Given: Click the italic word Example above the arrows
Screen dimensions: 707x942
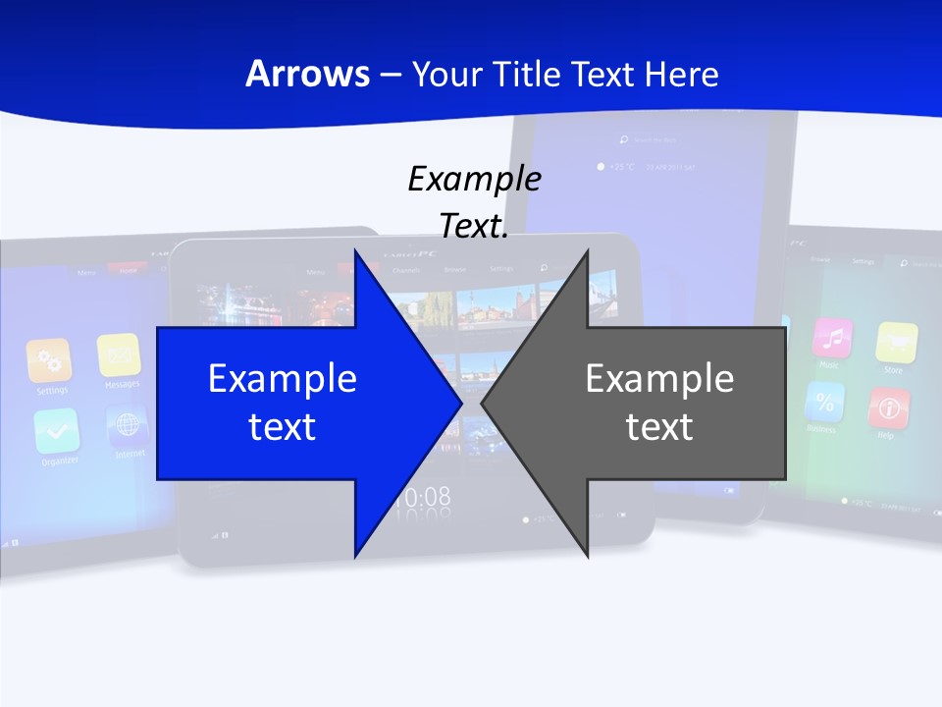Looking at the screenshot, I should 474,180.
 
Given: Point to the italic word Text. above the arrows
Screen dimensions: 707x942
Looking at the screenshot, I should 474,227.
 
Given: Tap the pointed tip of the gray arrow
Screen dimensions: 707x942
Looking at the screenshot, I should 483,403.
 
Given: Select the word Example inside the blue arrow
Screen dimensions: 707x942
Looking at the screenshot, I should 283,379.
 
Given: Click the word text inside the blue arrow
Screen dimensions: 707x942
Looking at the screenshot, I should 283,427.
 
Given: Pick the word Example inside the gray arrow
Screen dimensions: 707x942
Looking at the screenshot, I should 659,379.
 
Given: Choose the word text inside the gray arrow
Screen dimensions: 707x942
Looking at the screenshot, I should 659,427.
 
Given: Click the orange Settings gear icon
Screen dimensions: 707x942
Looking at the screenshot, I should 49,360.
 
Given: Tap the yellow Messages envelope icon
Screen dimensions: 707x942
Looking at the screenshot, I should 119,354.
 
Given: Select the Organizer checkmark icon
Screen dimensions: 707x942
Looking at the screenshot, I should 56,430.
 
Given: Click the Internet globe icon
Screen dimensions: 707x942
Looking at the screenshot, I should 128,425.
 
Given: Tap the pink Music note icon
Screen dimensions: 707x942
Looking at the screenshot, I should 832,339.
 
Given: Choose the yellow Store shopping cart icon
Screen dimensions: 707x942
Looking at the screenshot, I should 896,343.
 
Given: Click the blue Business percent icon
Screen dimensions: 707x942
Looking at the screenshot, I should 824,402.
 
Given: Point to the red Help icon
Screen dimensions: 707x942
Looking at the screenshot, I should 889,408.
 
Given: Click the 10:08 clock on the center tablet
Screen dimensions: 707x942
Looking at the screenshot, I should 423,497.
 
